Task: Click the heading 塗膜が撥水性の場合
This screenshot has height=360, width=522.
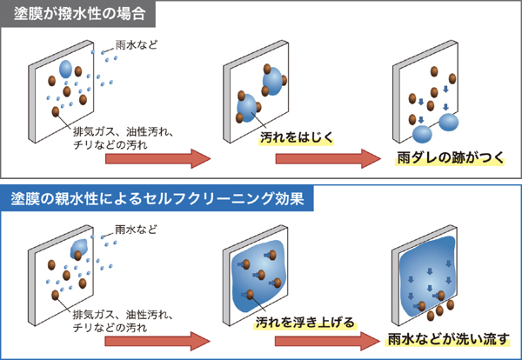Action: (78, 15)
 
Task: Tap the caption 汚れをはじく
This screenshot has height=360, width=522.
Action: (296, 137)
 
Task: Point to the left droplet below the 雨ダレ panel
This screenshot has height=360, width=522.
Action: (422, 134)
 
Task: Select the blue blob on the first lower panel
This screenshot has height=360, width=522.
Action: (78, 248)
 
